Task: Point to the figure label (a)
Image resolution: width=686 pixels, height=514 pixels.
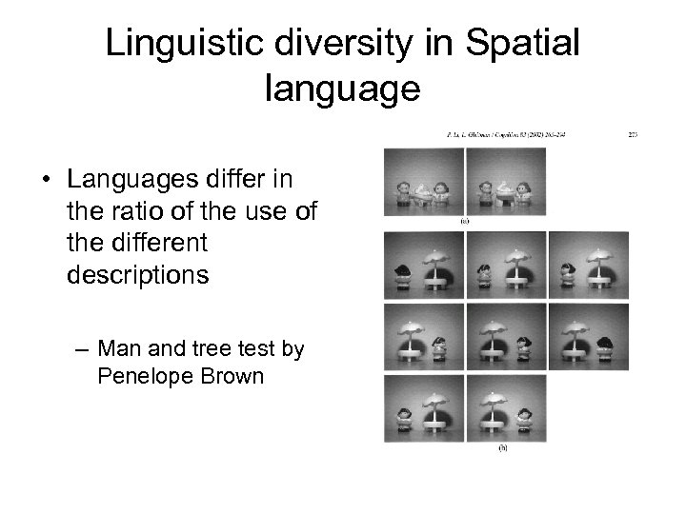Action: (x=464, y=221)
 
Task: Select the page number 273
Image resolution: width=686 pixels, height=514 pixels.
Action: (x=632, y=135)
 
